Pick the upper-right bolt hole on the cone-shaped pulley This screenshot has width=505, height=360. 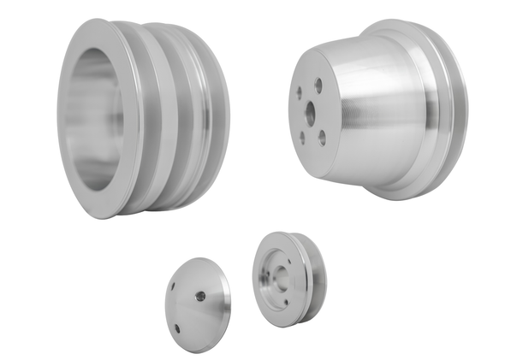[x=318, y=86]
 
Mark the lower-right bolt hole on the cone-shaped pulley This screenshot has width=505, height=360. [x=323, y=133]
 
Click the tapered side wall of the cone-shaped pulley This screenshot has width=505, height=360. [x=377, y=111]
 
